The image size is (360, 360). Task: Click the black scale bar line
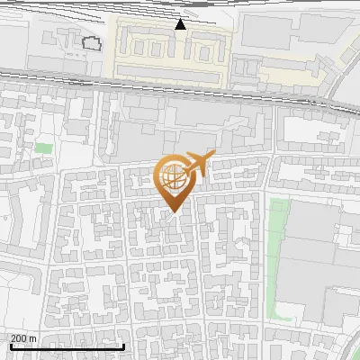63,346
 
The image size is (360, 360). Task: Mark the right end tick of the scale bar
124,344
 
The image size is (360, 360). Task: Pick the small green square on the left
43,147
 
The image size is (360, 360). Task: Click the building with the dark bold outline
91,42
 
